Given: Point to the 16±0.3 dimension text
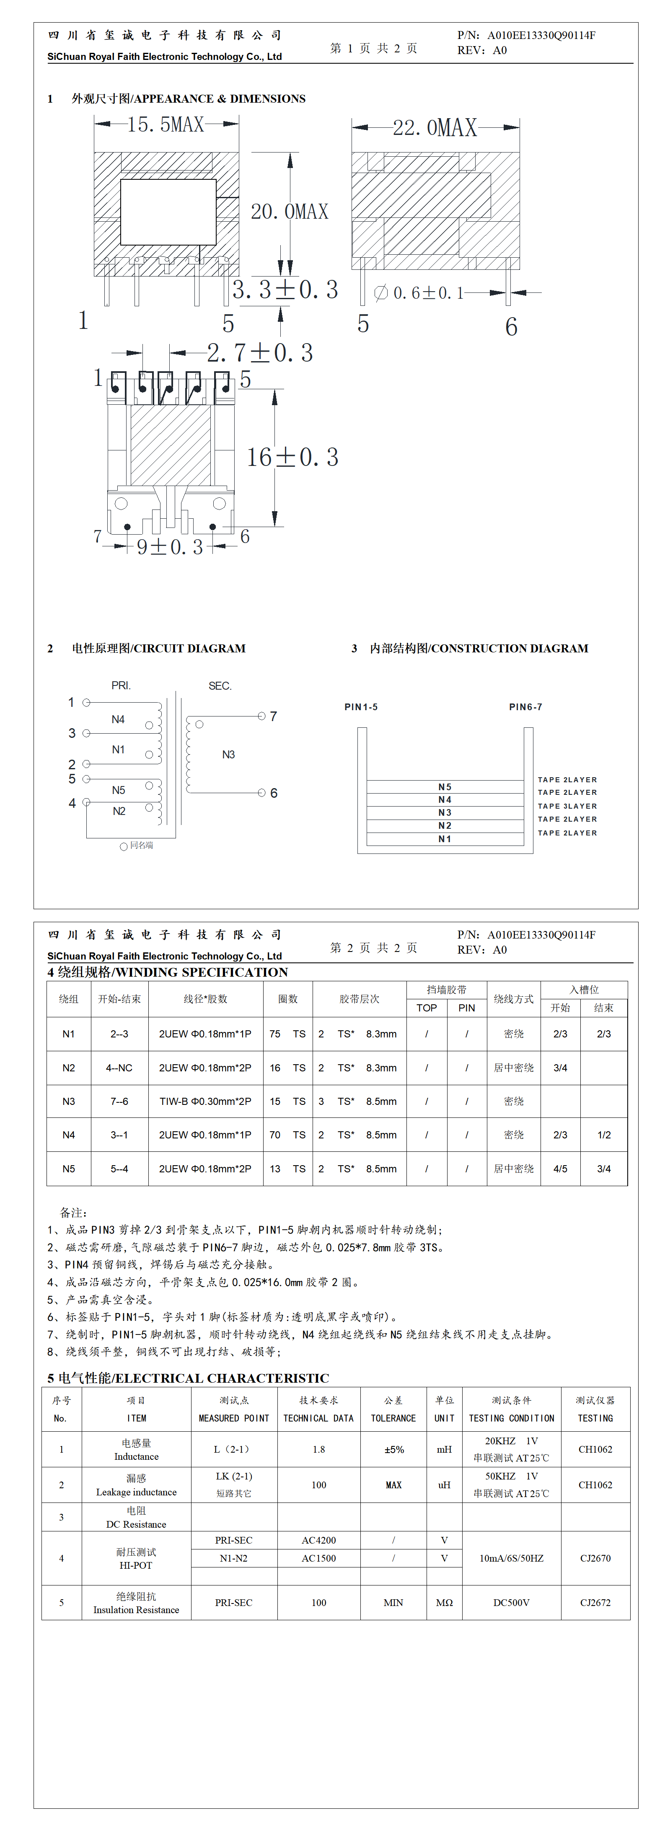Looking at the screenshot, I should click(x=292, y=457).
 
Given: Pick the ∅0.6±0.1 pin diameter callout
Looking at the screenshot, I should click(x=419, y=293).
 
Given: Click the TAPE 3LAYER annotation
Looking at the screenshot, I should click(x=567, y=806).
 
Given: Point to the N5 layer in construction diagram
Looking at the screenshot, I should click(x=445, y=787).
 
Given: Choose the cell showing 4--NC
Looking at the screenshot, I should click(x=119, y=1068).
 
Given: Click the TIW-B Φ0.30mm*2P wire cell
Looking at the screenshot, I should click(x=205, y=1101).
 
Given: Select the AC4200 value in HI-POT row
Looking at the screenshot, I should click(x=318, y=1540).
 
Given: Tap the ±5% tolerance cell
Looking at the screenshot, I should click(x=393, y=1449).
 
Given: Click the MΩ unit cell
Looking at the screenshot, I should click(x=444, y=1603).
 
